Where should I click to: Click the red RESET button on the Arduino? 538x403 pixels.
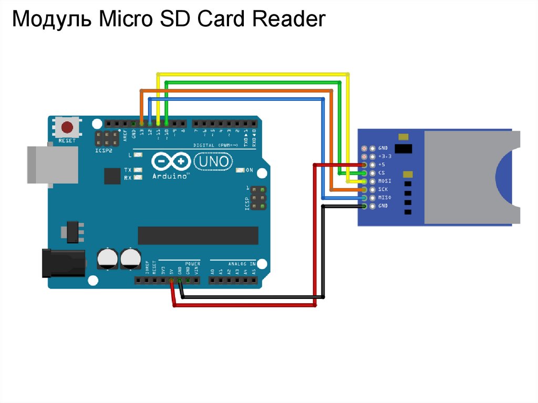[x=67, y=128]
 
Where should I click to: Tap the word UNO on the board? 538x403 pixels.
[x=213, y=161]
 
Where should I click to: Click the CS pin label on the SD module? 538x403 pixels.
[x=381, y=173]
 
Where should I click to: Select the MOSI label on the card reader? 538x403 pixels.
[x=385, y=181]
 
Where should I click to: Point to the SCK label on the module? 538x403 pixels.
[x=382, y=189]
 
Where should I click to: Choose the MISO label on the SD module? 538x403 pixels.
[x=385, y=198]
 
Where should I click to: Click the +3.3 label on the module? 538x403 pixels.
[x=385, y=157]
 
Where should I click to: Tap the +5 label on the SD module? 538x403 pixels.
[x=381, y=164]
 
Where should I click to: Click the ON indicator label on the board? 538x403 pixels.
[x=250, y=170]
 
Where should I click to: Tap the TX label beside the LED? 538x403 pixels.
[x=128, y=170]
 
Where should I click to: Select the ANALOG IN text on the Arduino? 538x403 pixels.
[x=242, y=264]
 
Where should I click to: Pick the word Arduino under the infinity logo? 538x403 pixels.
[x=170, y=177]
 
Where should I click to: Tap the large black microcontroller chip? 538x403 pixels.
[x=198, y=235]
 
